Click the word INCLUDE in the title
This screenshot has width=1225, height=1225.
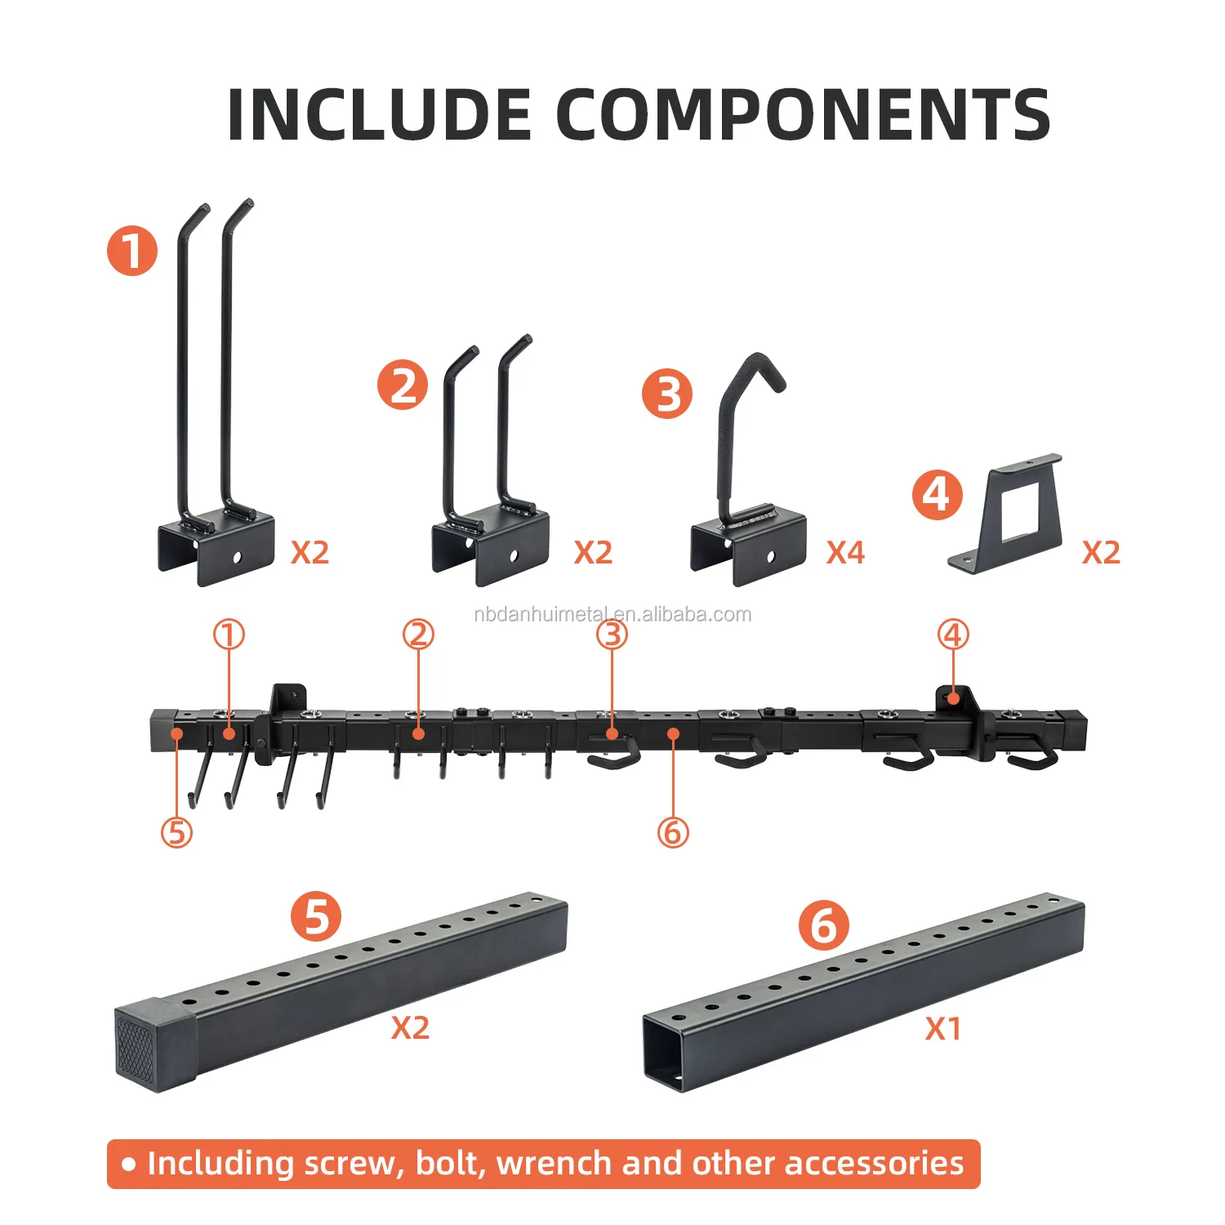point(380,114)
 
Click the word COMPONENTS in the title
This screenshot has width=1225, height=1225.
point(804,114)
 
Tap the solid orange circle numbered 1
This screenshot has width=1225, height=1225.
point(132,251)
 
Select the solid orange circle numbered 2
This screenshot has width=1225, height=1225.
point(403,385)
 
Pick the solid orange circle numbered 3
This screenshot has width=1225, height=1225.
point(667,394)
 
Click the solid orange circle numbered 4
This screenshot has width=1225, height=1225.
point(938,495)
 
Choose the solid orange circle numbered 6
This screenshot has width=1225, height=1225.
point(824,926)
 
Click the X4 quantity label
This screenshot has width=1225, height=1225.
point(845,553)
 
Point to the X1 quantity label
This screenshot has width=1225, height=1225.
point(943,1029)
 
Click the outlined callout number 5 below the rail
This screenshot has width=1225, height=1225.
point(177,832)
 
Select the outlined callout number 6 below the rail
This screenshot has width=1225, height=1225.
point(673,832)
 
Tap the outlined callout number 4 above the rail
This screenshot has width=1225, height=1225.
point(953,635)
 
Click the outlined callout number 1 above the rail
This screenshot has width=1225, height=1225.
point(229,635)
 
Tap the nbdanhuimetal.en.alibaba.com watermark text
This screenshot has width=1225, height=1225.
point(612,614)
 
